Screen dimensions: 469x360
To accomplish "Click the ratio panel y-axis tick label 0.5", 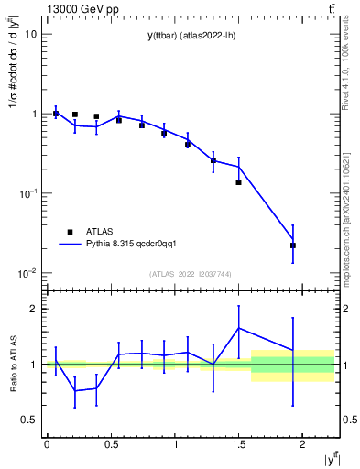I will point(29,420).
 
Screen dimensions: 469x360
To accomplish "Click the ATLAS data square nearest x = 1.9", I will point(293,245).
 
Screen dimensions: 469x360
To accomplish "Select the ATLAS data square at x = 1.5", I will point(238,182).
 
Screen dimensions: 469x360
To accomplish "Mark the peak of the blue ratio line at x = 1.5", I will point(238,328).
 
